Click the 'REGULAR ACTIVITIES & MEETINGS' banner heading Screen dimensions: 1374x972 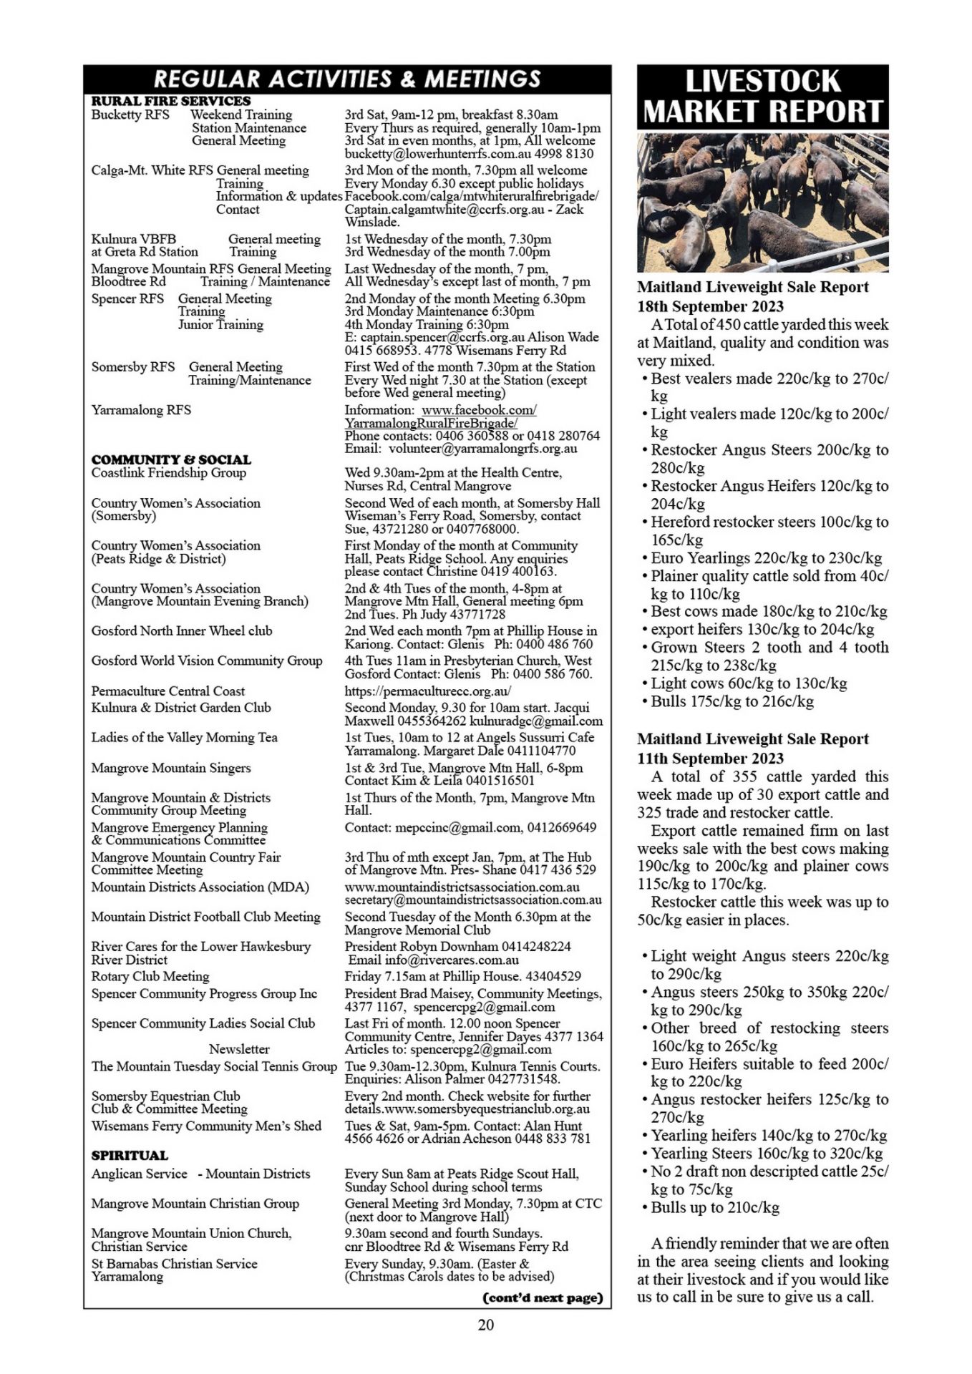click(347, 79)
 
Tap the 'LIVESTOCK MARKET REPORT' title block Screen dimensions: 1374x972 click(762, 97)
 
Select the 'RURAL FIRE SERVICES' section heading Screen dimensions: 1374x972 click(170, 101)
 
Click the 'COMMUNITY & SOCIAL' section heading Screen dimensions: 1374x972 click(171, 459)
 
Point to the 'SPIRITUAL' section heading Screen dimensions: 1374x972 click(130, 1155)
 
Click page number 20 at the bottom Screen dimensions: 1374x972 click(485, 1325)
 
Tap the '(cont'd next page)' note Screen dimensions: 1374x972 click(543, 1297)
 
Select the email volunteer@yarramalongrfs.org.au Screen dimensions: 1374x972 click(482, 449)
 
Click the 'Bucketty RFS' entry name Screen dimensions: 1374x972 click(130, 114)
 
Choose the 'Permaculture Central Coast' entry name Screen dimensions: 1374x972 click(167, 691)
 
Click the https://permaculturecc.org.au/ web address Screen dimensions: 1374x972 click(427, 691)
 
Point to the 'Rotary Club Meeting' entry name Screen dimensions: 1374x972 click(150, 976)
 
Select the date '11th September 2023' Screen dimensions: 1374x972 click(710, 759)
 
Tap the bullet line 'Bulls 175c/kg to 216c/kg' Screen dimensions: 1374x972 click(732, 701)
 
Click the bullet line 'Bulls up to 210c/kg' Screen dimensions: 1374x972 click(714, 1207)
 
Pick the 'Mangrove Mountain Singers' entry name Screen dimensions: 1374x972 click(170, 768)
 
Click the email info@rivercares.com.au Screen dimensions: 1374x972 click(447, 960)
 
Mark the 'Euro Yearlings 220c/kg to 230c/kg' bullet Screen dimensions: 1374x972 click(766, 557)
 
